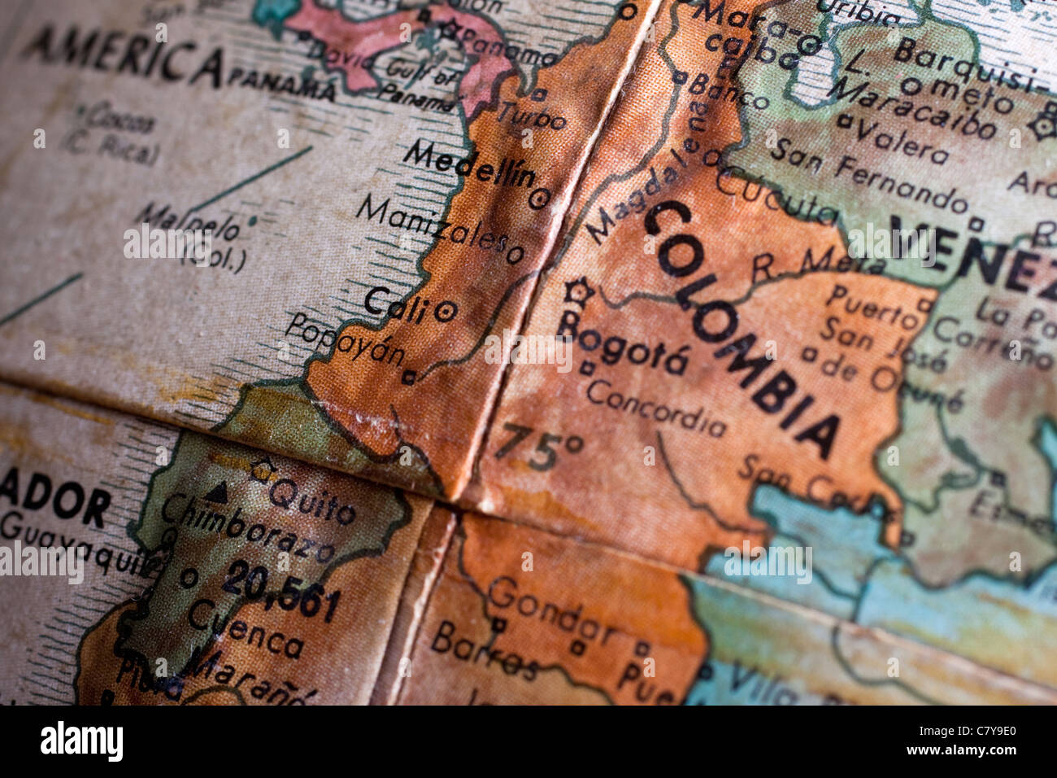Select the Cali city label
tap(395, 304)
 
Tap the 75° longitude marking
tap(539, 447)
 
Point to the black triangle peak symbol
tap(216, 492)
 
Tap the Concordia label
tap(655, 409)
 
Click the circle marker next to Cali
tap(446, 310)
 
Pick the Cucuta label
tap(776, 195)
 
